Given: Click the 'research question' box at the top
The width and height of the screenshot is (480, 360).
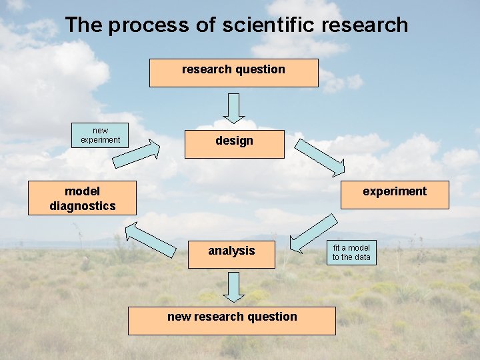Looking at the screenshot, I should pos(233,73).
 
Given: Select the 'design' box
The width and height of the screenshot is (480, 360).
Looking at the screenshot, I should pos(234,144).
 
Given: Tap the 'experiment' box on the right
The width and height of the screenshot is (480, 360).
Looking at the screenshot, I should pos(395,195).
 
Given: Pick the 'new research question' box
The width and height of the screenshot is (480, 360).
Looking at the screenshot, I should pos(232,321).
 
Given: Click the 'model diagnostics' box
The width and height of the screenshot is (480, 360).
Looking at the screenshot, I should pos(82,198).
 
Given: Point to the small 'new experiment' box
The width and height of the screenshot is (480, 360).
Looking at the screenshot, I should pos(100,135).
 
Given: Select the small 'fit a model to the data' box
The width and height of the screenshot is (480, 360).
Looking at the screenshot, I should pos(351,253).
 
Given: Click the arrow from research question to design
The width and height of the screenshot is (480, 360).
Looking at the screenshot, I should pos(234,107).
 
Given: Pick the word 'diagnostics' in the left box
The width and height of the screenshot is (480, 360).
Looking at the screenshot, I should pos(82,206).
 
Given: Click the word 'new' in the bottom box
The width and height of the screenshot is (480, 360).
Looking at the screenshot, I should pos(179,317).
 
